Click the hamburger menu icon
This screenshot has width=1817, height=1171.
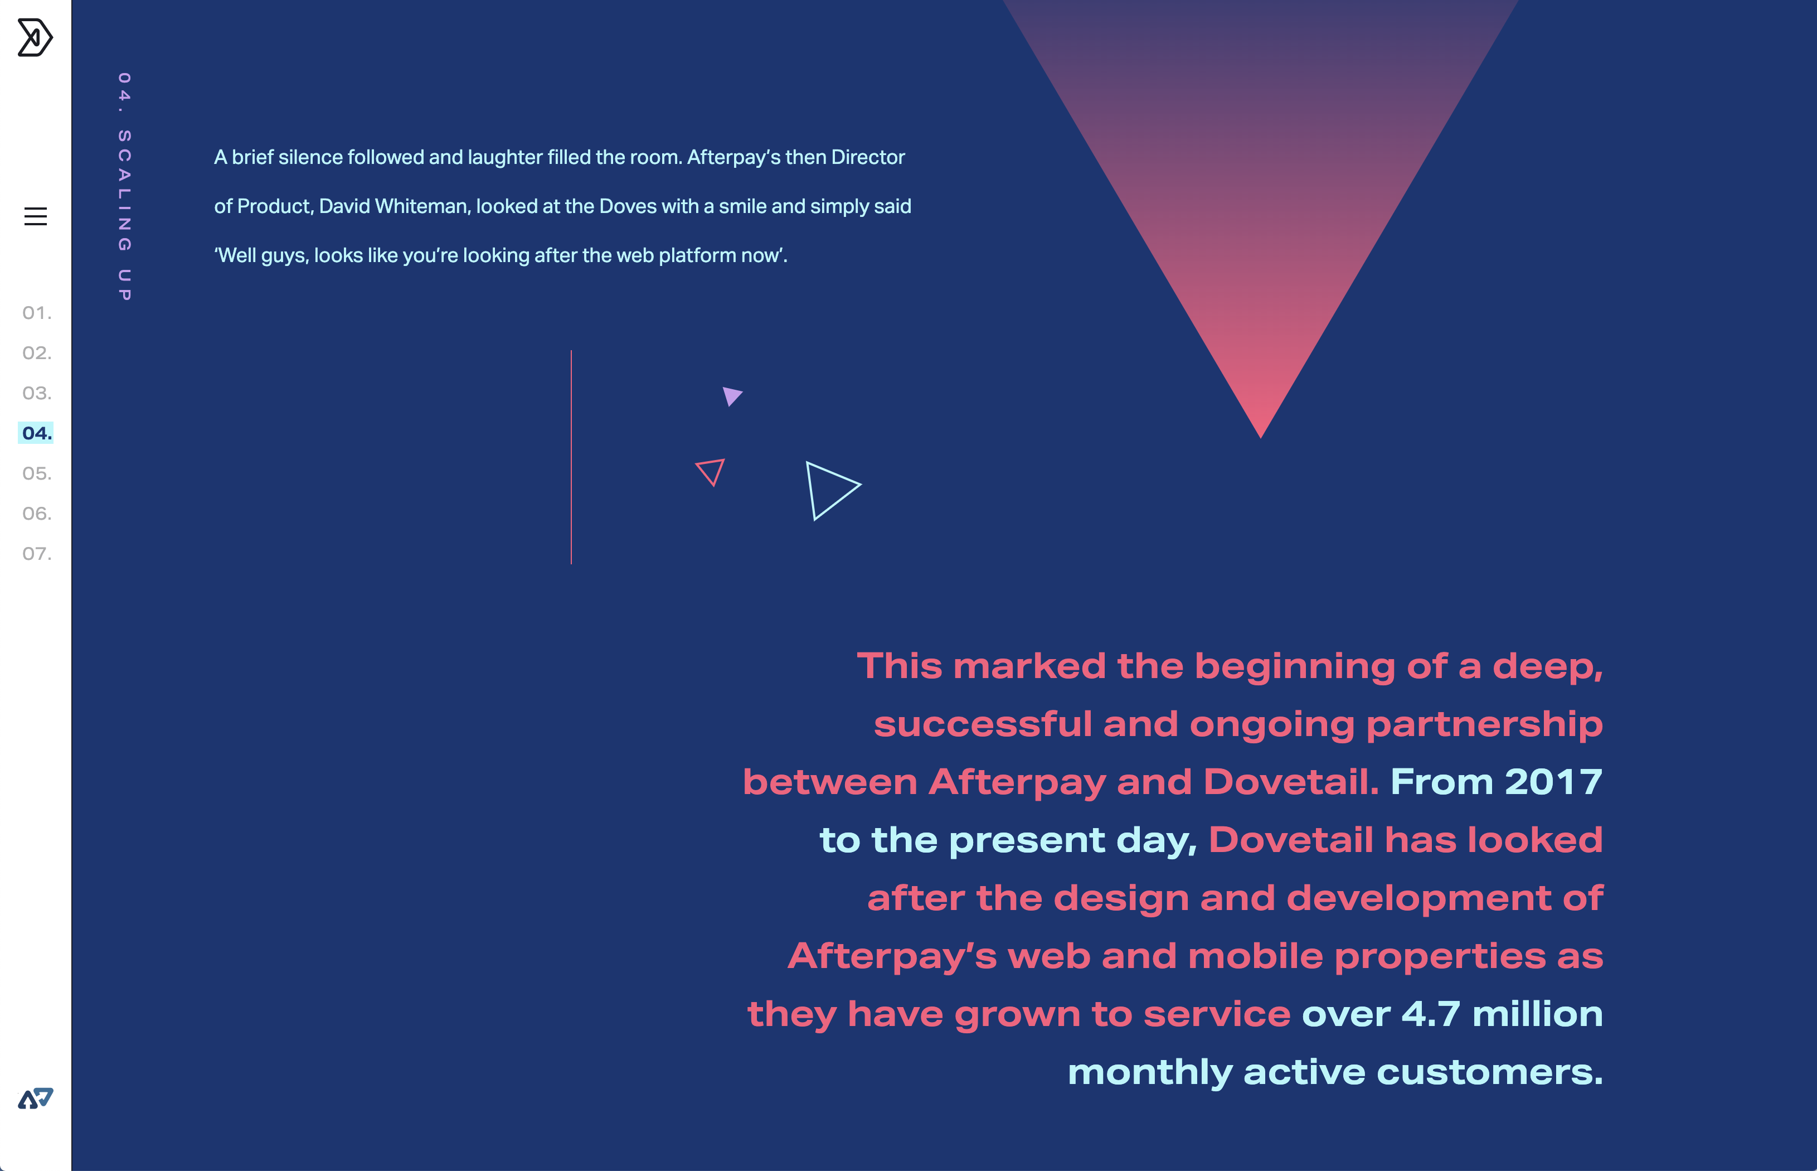pyautogui.click(x=36, y=217)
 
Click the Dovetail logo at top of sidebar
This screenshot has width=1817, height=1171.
pyautogui.click(x=35, y=37)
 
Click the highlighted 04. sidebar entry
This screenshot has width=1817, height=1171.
pyautogui.click(x=36, y=433)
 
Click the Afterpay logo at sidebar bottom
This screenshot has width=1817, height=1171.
pyautogui.click(x=36, y=1098)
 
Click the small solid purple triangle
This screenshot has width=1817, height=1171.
pyautogui.click(x=731, y=395)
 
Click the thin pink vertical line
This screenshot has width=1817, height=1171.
pyautogui.click(x=571, y=457)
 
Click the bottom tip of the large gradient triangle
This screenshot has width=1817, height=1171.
pyautogui.click(x=1261, y=438)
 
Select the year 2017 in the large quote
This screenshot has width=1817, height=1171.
pyautogui.click(x=1553, y=782)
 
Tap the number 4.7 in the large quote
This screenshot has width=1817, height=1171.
pyautogui.click(x=1431, y=1014)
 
